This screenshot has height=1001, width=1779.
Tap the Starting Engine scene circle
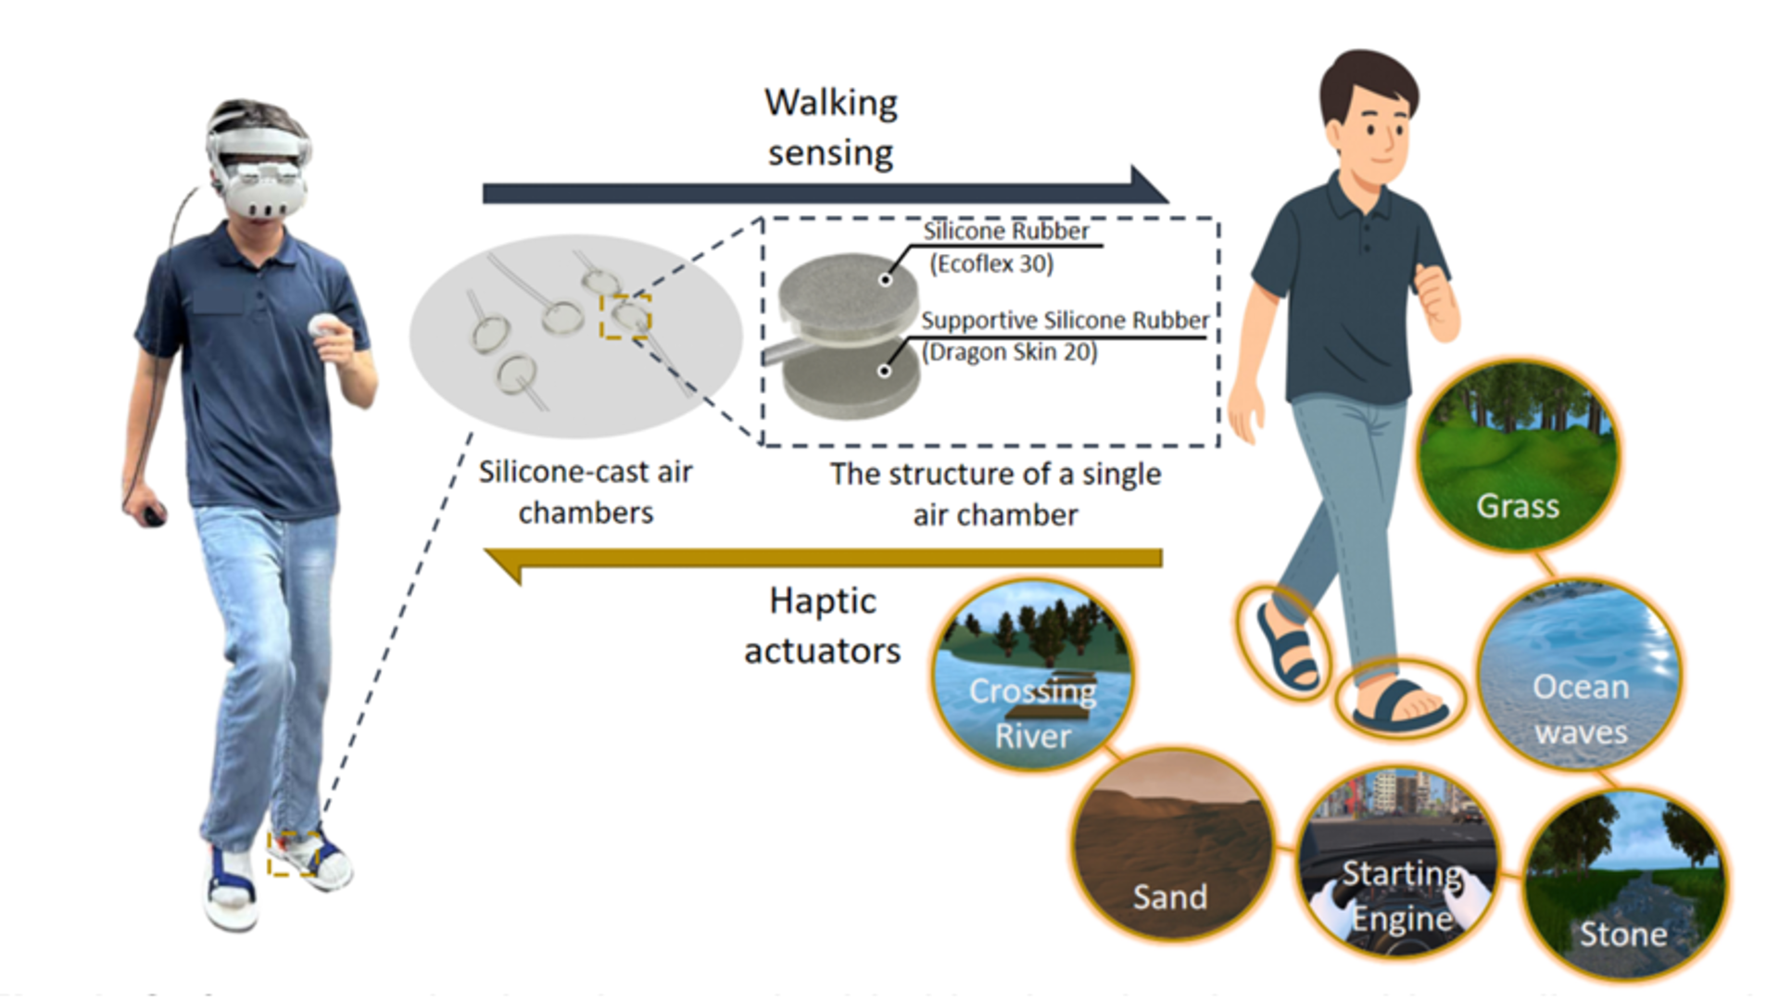(1400, 862)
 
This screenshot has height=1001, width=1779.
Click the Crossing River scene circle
(1032, 677)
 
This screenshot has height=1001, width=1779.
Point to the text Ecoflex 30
(991, 264)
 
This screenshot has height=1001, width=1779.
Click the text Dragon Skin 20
(1009, 352)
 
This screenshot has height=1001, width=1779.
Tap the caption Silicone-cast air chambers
(586, 492)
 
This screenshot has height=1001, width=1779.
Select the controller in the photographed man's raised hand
(323, 326)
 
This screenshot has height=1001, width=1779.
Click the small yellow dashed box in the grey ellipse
(625, 317)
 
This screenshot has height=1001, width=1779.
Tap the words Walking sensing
(830, 127)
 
